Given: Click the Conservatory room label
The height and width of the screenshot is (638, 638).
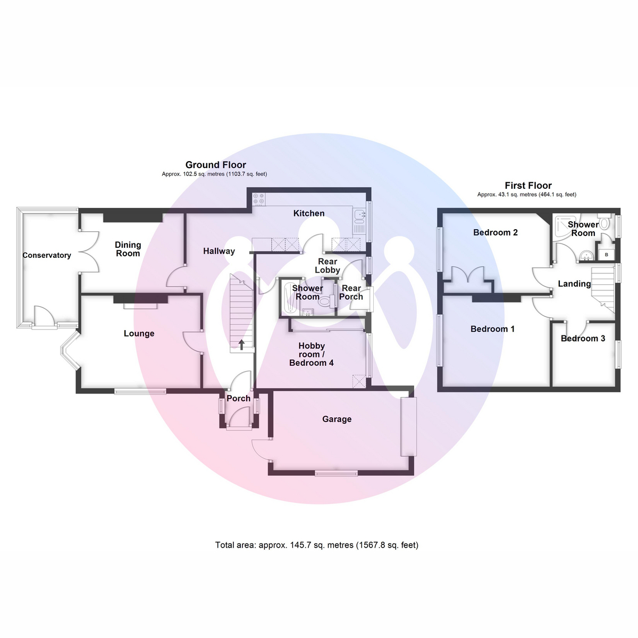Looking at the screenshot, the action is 47,255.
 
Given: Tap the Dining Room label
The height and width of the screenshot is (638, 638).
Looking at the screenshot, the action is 128,249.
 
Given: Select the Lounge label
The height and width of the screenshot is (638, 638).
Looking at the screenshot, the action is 139,333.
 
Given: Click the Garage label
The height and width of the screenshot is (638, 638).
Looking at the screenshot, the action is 337,419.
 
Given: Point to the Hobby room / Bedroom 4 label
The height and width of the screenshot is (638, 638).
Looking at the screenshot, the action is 311,354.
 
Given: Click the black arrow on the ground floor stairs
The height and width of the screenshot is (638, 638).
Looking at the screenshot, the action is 242,345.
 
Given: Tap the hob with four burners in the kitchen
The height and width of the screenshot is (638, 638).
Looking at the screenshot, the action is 259,199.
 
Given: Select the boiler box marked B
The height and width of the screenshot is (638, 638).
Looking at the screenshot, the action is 607,255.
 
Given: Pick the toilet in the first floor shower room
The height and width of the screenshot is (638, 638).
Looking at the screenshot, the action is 604,222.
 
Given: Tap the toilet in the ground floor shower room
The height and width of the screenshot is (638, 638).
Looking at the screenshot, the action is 326,301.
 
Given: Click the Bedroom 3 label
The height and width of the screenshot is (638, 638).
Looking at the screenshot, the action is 583,338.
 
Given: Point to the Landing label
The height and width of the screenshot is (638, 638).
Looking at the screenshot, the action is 574,284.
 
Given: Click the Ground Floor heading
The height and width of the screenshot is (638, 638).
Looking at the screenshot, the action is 215,165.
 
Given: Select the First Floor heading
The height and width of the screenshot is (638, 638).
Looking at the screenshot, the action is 528,186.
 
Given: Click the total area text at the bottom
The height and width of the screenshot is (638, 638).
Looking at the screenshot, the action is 317,545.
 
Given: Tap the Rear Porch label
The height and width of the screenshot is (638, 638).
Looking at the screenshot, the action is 351,292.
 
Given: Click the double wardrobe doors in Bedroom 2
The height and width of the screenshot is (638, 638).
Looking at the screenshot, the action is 469,274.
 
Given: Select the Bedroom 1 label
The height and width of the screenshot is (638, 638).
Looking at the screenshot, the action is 493,329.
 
